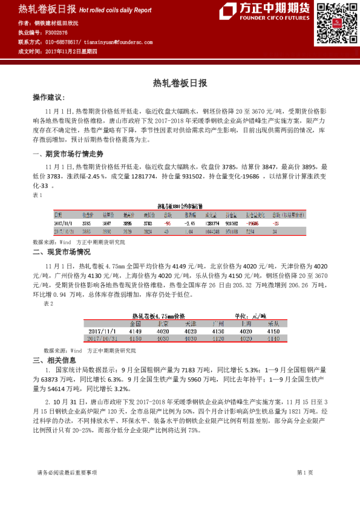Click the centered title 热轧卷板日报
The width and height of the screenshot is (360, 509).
pos(180,83)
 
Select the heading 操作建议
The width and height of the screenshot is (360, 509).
pos(48,97)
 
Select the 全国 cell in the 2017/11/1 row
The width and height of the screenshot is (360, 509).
pos(134,332)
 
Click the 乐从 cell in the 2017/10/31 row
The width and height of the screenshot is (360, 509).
pos(273,339)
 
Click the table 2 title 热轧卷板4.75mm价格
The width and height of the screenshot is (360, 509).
pos(159,316)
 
